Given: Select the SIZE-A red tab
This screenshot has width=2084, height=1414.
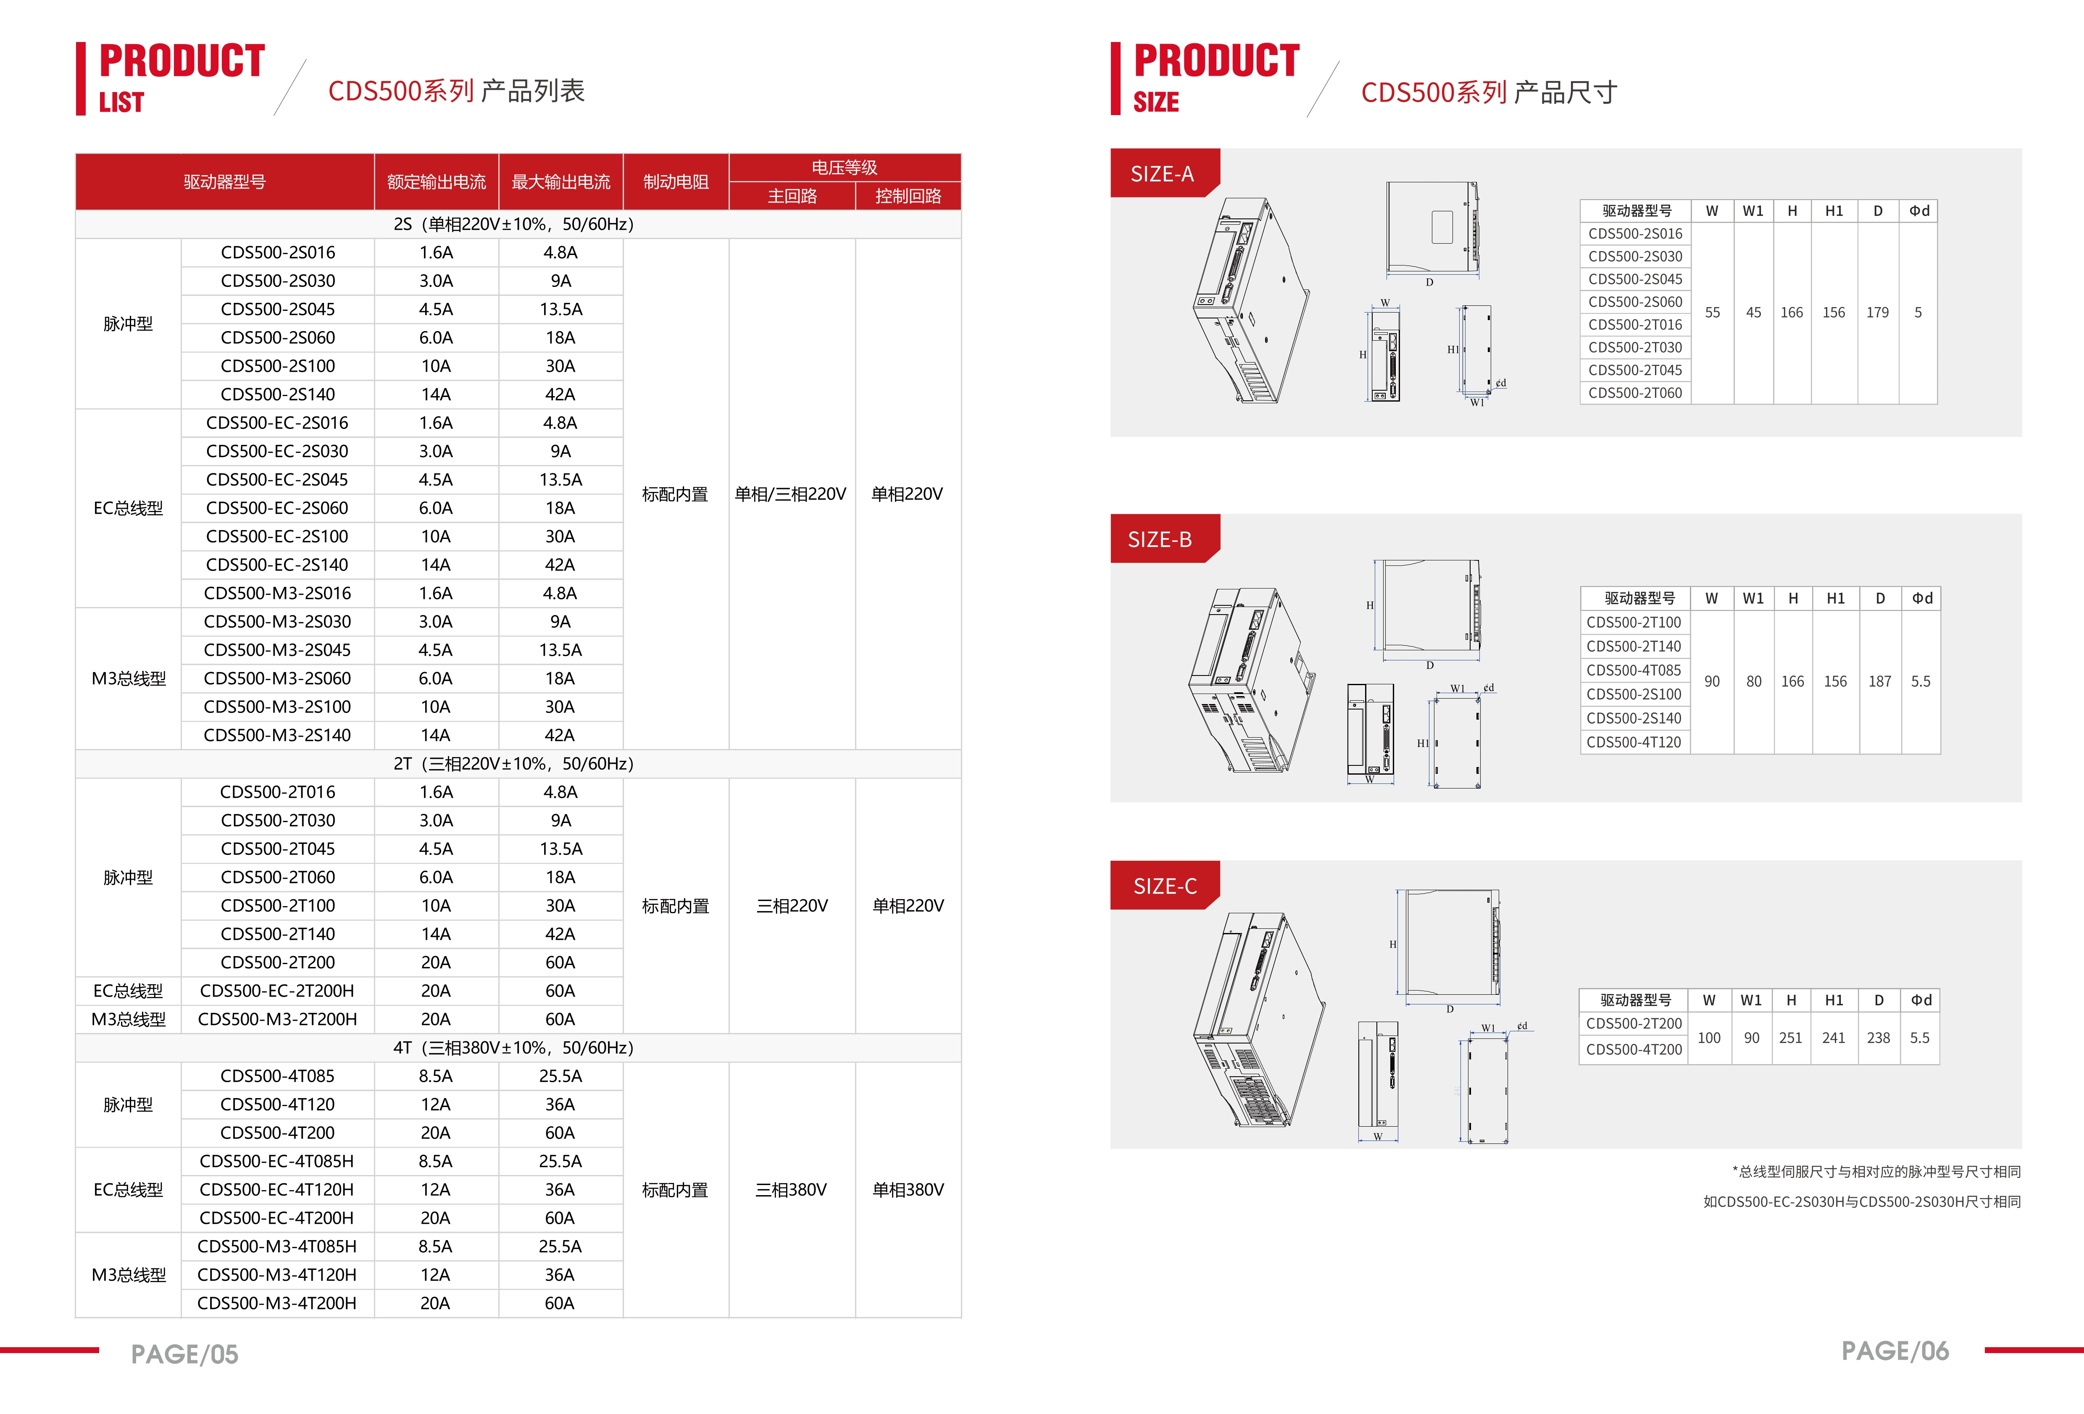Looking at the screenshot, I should [x=1162, y=174].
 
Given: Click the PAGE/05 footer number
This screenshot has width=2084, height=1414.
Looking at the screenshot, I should [x=185, y=1354].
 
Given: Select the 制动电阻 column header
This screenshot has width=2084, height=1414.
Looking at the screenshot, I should [x=675, y=182].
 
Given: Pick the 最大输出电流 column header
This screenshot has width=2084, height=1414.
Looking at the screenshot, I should [x=560, y=182].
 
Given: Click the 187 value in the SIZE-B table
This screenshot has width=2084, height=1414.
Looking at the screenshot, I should [x=1879, y=681].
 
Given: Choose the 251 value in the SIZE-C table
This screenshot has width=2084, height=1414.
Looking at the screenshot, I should [x=1790, y=1038].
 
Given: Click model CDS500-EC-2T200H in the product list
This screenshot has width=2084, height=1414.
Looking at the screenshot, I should [x=277, y=991].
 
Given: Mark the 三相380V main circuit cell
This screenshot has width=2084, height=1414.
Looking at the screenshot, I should [x=791, y=1190].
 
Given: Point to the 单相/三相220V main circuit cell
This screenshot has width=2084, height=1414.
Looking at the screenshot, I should [x=790, y=494].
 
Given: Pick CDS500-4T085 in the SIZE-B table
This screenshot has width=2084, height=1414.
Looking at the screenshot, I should [x=1633, y=670].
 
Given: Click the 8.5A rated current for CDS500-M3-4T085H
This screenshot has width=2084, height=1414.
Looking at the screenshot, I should [x=435, y=1246].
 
